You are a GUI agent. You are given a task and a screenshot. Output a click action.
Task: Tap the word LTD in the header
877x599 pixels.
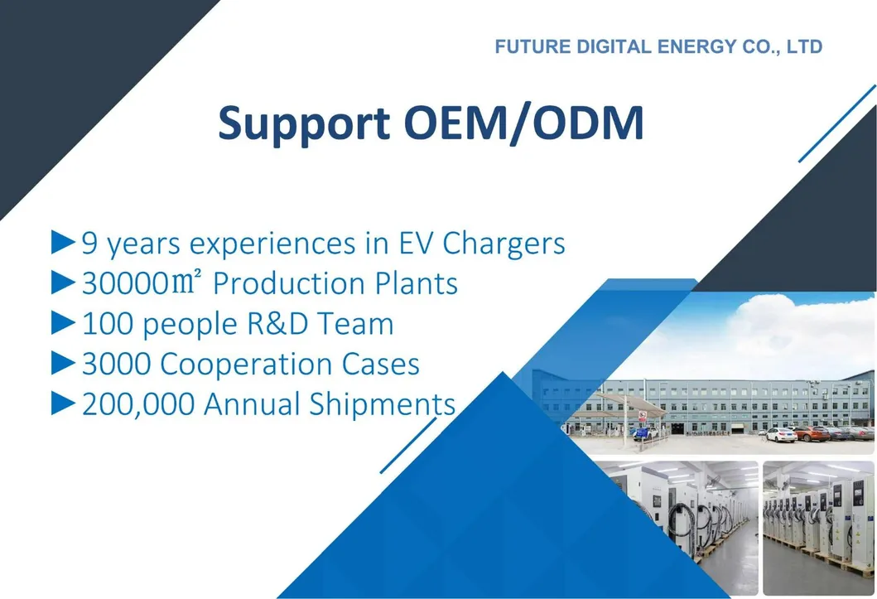click(804, 46)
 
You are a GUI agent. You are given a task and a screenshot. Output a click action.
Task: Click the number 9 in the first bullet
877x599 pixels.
click(90, 244)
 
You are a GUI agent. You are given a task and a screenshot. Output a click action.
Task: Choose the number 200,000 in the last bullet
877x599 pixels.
click(138, 404)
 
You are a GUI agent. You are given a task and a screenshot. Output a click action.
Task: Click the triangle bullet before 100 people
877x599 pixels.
click(63, 322)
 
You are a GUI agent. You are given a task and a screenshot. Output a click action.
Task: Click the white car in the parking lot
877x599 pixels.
click(780, 434)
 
